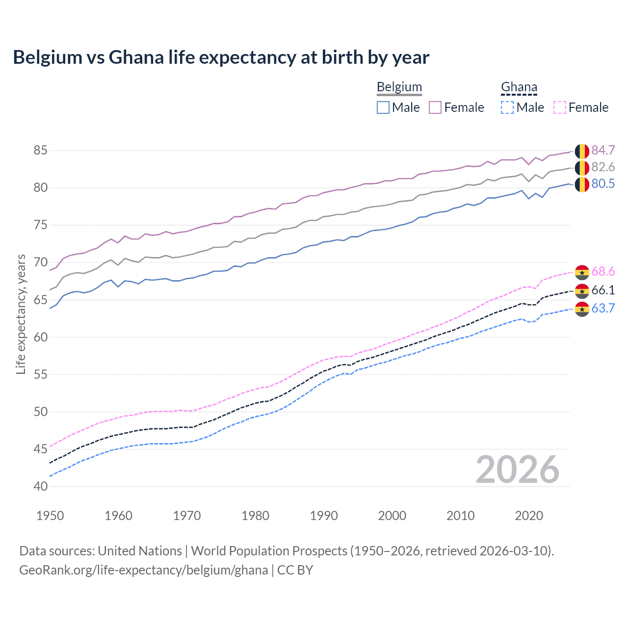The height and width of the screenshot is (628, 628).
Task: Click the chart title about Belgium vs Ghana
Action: [x=221, y=57]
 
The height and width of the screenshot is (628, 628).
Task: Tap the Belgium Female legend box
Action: [x=435, y=107]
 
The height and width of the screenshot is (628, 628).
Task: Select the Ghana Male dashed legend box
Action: [x=507, y=107]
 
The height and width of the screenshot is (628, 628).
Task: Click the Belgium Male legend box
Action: [x=383, y=107]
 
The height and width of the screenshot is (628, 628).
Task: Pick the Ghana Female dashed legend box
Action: [x=559, y=107]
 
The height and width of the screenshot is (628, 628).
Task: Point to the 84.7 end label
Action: [x=603, y=150]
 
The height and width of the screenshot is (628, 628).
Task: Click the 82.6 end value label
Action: [x=603, y=167]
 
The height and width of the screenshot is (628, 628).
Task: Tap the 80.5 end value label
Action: [x=603, y=183]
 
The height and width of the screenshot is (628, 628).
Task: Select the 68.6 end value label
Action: [x=603, y=271]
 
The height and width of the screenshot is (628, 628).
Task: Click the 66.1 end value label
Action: [x=603, y=290]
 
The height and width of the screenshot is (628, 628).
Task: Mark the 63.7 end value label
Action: [x=603, y=308]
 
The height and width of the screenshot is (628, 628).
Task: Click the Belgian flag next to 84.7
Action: [x=582, y=151]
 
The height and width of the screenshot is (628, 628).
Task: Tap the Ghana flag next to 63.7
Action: [x=582, y=309]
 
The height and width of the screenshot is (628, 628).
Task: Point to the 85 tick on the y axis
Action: [x=40, y=150]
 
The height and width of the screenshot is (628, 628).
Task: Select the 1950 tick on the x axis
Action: [x=50, y=516]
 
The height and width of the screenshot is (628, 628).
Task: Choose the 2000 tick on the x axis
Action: [x=392, y=516]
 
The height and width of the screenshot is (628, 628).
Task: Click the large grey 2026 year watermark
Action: [x=517, y=470]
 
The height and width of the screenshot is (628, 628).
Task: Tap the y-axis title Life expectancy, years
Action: [x=21, y=314]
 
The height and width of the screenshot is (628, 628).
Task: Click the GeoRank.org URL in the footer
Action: [x=143, y=570]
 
